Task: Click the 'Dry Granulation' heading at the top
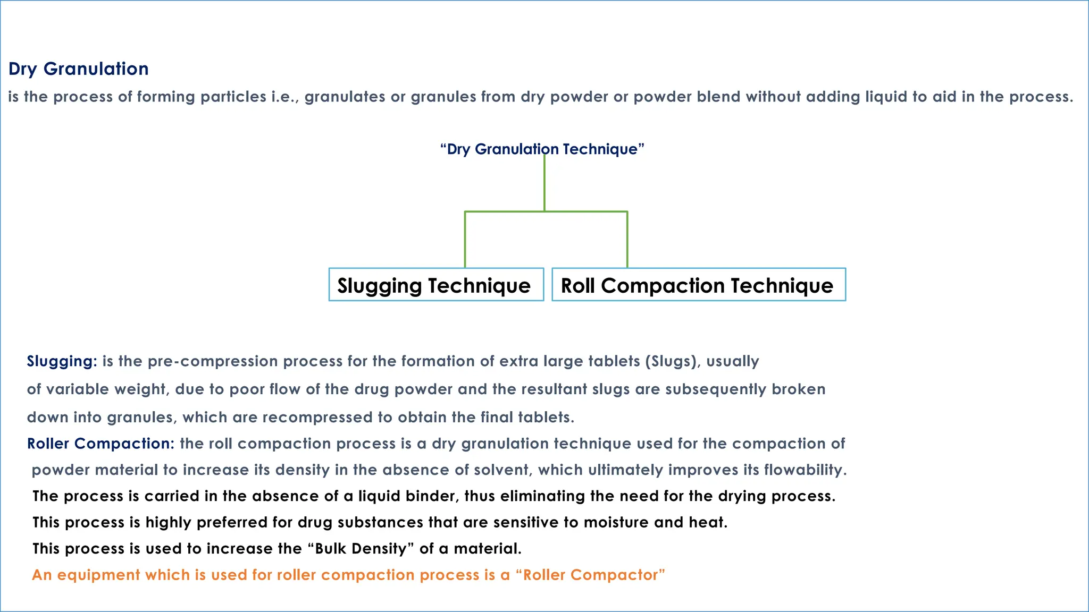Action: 79,69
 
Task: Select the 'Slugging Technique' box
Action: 436,285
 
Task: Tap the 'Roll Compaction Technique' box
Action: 698,285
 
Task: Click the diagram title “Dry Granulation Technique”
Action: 542,149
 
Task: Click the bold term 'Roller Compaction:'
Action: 100,444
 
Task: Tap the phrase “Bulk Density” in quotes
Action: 361,548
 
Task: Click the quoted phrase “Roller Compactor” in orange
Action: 590,575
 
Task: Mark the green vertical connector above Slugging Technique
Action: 465,239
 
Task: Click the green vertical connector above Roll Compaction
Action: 627,239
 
